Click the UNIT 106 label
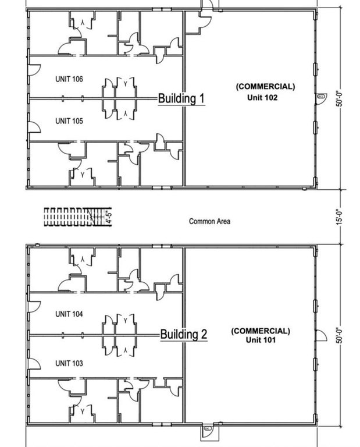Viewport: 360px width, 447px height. pyautogui.click(x=69, y=79)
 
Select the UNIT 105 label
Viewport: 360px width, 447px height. pyautogui.click(x=69, y=121)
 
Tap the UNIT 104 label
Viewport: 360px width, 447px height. pyautogui.click(x=69, y=314)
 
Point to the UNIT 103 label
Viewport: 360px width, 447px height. pyautogui.click(x=69, y=363)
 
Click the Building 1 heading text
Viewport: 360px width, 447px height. pyautogui.click(x=181, y=98)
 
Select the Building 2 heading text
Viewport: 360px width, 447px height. pyautogui.click(x=184, y=334)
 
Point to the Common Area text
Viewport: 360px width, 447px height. pyautogui.click(x=209, y=221)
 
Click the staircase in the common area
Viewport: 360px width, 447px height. pyautogui.click(x=77, y=217)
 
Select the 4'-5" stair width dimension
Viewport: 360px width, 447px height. pyautogui.click(x=109, y=217)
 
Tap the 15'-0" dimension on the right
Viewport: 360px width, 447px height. pyautogui.click(x=338, y=217)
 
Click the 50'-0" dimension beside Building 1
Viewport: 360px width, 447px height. pyautogui.click(x=338, y=98)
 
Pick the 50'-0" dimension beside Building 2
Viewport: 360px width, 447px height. pyautogui.click(x=338, y=335)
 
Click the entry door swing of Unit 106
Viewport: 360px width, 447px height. pyautogui.click(x=34, y=70)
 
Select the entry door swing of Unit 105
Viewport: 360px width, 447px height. pyautogui.click(x=34, y=127)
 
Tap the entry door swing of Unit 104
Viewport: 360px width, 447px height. pyautogui.click(x=34, y=307)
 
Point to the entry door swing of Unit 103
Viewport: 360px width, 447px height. pyautogui.click(x=34, y=364)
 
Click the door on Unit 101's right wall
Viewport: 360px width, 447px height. pyautogui.click(x=321, y=335)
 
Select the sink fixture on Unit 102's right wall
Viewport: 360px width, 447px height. pyautogui.click(x=322, y=97)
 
